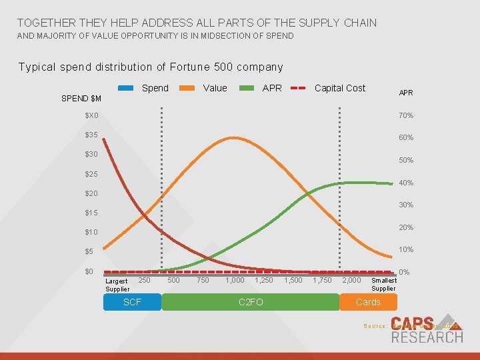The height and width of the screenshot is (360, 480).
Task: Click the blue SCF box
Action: point(132,303)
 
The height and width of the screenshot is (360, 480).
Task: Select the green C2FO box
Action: point(250,303)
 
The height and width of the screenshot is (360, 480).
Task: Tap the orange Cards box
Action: point(368,303)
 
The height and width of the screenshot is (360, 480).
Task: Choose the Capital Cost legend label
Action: point(340,88)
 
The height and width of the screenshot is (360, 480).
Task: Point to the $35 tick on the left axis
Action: point(91,135)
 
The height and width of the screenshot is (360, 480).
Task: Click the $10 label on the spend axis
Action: point(91,233)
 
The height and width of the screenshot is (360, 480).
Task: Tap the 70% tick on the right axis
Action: point(406,115)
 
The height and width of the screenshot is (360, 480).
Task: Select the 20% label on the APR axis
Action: point(406,227)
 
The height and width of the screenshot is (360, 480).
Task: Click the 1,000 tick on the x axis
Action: point(235,281)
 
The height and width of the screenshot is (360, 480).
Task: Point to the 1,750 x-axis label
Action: point(322,281)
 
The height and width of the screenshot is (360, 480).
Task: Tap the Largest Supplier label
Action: point(117,285)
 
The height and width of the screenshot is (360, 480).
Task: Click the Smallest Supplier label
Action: point(383,285)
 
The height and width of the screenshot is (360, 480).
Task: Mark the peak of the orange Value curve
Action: point(232,138)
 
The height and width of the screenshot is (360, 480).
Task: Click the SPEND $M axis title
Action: point(81,99)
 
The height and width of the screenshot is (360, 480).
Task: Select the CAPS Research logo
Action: point(427,329)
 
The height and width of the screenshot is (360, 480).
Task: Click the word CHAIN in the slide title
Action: point(359,23)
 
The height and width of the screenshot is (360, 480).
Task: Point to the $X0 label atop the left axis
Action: point(91,115)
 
